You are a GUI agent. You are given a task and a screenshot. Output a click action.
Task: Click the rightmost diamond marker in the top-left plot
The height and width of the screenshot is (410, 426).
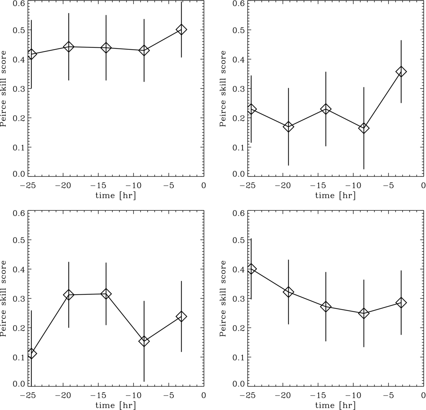pyautogui.click(x=181, y=29)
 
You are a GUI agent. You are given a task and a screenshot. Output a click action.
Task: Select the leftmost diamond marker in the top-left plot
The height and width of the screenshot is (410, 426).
pyautogui.click(x=32, y=54)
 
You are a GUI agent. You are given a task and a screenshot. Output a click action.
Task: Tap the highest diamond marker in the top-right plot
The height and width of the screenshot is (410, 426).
pyautogui.click(x=401, y=71)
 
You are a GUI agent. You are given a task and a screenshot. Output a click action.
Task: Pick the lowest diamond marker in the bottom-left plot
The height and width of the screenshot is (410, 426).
pyautogui.click(x=32, y=353)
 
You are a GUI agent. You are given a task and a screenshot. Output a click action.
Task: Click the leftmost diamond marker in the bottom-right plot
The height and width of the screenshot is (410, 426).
pyautogui.click(x=251, y=269)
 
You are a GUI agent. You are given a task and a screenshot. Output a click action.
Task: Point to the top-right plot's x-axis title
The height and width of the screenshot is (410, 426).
pyautogui.click(x=335, y=195)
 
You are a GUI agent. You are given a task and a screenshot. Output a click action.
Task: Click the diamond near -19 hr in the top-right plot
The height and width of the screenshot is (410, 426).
pyautogui.click(x=288, y=127)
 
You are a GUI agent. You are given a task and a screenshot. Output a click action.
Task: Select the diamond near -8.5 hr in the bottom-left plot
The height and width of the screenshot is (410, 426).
pyautogui.click(x=144, y=341)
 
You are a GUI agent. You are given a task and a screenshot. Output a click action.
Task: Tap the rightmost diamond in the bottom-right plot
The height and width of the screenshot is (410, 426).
pyautogui.click(x=401, y=302)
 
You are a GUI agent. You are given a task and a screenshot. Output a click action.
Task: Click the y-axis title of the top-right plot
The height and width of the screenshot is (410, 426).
pyautogui.click(x=223, y=88)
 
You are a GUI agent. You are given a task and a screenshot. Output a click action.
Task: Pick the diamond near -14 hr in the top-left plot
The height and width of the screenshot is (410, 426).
pyautogui.click(x=106, y=48)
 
